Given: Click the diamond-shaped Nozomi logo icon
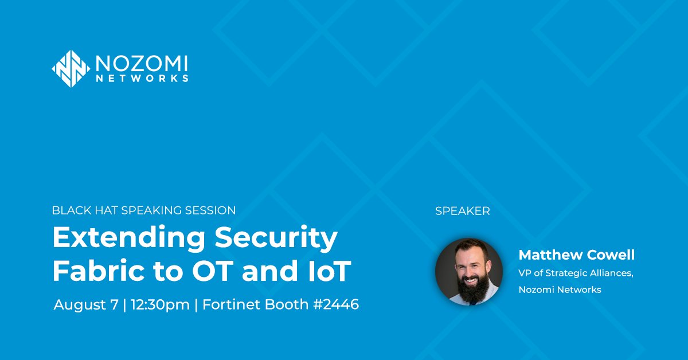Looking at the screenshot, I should (71, 69).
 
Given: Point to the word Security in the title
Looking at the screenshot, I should (278, 238).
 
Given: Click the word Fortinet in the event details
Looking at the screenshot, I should (229, 304).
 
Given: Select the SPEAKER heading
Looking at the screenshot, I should (462, 211).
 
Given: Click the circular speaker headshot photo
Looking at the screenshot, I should (469, 271).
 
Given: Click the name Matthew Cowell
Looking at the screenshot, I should (576, 255).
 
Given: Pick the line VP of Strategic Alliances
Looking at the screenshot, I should (576, 273).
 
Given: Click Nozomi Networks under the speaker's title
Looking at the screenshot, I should (560, 289).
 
